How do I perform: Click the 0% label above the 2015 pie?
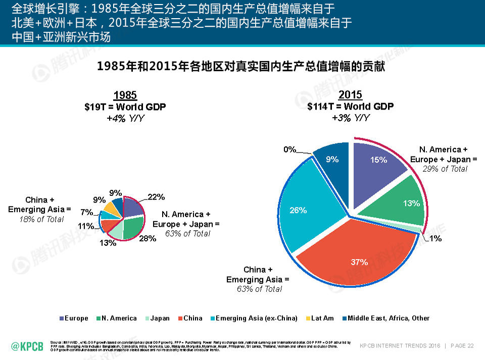coord(289,149)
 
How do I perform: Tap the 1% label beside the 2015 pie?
coord(435,238)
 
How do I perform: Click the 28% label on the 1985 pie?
coord(148,239)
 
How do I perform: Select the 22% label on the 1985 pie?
coord(156,197)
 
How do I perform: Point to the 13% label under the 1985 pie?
coord(108,243)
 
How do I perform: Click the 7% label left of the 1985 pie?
coord(87,212)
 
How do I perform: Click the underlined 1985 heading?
coord(125,95)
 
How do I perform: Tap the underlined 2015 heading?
coord(350,95)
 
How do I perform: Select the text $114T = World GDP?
coord(350,107)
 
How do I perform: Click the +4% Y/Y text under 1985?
coord(125,118)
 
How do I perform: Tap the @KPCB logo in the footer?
coord(27,345)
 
